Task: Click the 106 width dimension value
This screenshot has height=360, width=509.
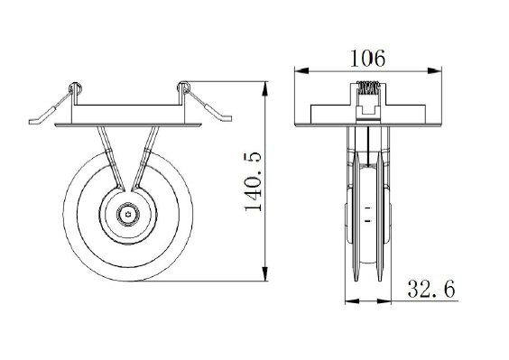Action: pyautogui.click(x=368, y=59)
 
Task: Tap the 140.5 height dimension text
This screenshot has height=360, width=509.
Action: pyautogui.click(x=254, y=180)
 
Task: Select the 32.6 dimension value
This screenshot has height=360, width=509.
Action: pyautogui.click(x=431, y=289)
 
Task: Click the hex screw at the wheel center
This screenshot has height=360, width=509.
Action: pyautogui.click(x=128, y=214)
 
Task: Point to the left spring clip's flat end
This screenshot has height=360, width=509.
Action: pyautogui.click(x=33, y=122)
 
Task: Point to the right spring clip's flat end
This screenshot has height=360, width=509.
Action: pyautogui.click(x=227, y=118)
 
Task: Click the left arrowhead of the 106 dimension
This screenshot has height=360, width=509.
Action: pyautogui.click(x=302, y=70)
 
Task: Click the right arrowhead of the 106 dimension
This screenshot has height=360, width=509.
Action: pyautogui.click(x=435, y=70)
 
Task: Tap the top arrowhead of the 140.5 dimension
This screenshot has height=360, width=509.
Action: pyautogui.click(x=265, y=88)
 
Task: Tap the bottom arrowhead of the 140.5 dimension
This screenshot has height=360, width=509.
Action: pyautogui.click(x=265, y=273)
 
